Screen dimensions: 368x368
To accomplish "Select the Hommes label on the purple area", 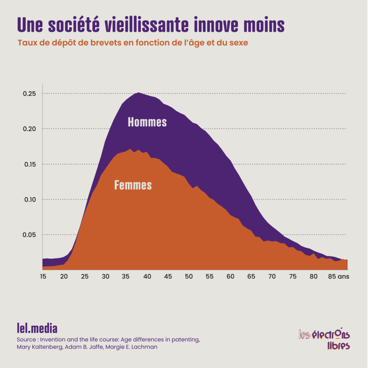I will point(147,122).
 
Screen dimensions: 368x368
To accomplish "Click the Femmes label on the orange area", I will point(133,185).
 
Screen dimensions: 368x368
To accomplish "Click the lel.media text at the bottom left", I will point(37,328).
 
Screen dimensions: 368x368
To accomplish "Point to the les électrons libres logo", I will point(324,339).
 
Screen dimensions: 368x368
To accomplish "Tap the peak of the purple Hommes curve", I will point(138,93).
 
